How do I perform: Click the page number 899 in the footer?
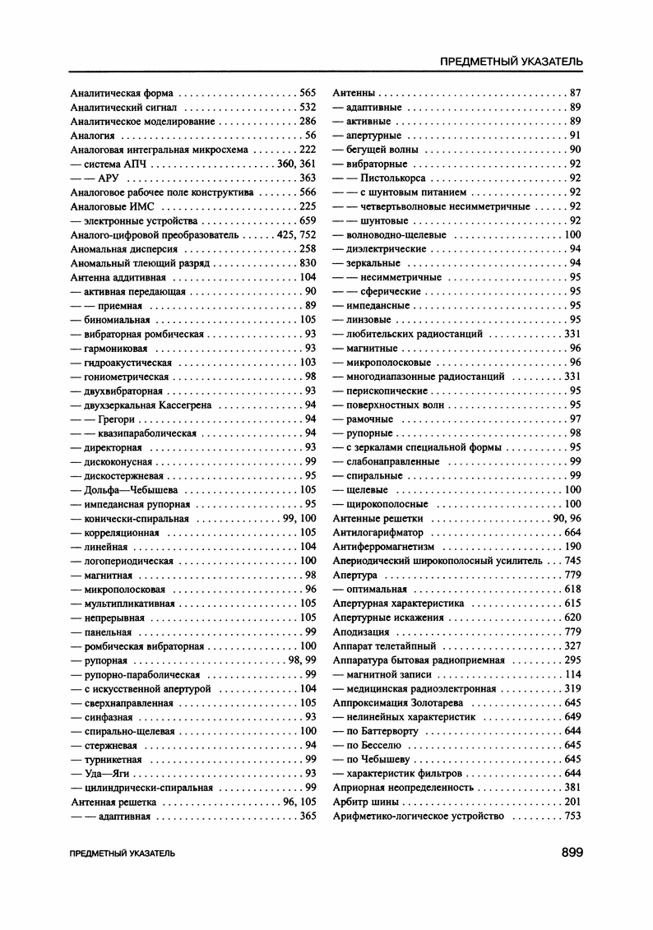coord(572,853)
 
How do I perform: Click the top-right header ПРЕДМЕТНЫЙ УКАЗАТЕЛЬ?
coord(512,62)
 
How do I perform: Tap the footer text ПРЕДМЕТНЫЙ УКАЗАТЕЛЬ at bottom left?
coord(123,854)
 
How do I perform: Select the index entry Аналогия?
coord(92,136)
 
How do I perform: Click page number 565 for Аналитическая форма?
coord(308,93)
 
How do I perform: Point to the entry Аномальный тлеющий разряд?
coord(141,263)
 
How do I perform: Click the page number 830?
coord(308,263)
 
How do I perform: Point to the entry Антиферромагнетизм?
coord(382,547)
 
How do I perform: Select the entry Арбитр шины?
coord(365,802)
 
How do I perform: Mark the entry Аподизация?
coord(361,632)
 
